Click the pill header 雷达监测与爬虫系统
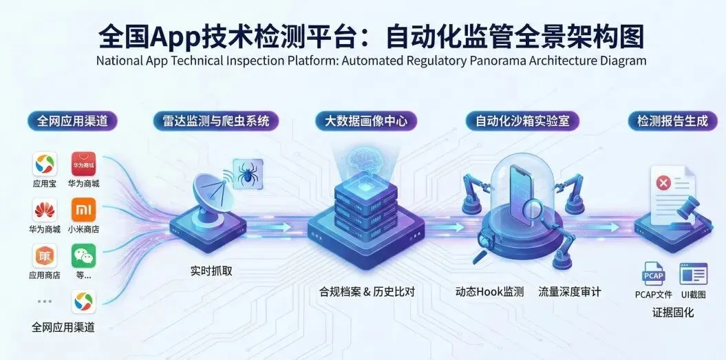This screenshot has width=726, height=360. click(x=216, y=121)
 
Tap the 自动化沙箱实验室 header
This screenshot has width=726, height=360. click(x=522, y=121)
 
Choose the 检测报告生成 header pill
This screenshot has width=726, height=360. click(x=672, y=121)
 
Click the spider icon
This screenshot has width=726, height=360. click(x=246, y=173)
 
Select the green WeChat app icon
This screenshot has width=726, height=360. click(x=83, y=257)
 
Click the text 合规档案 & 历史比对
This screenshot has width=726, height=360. click(x=367, y=292)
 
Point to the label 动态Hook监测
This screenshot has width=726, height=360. click(x=489, y=292)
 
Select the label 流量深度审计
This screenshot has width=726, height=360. click(x=570, y=292)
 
